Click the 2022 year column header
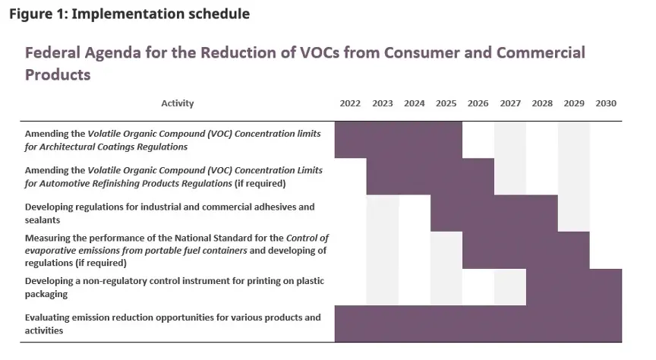pos(350,103)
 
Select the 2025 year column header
pos(446,103)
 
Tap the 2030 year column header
pos(606,103)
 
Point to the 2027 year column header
pos(510,103)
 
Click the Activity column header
pos(178,103)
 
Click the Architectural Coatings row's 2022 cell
pos(350,140)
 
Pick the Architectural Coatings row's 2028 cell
pos(542,140)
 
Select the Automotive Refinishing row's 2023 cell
pos(382,176)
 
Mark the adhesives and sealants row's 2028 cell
pos(542,213)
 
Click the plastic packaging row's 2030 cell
pos(606,286)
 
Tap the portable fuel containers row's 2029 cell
pos(574,250)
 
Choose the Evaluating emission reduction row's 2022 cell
pos(350,324)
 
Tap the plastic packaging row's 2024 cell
pos(414,286)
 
